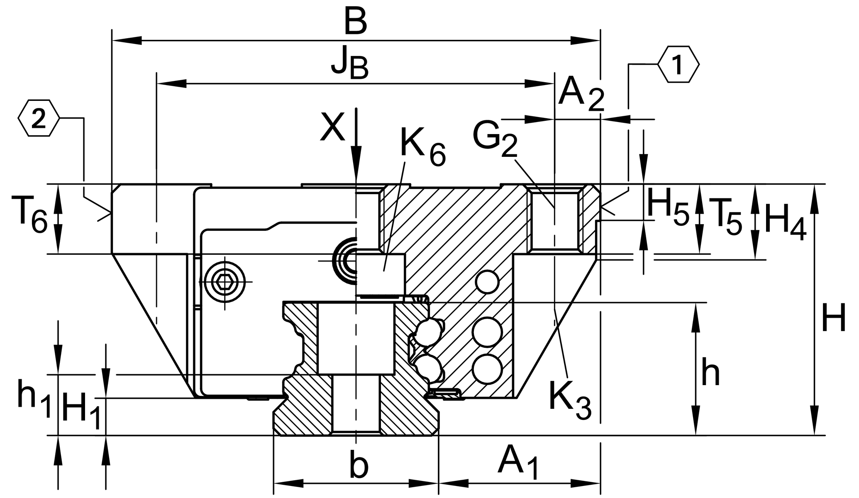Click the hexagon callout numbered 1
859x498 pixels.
coord(678,65)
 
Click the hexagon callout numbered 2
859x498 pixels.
coord(39,118)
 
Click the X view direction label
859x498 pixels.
coord(332,128)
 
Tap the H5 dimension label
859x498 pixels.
coord(668,210)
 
